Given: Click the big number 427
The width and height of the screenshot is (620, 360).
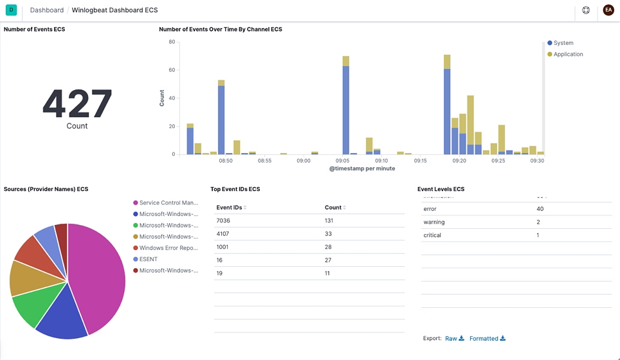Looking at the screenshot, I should [x=77, y=103].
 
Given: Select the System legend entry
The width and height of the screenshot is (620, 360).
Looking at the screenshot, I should [x=563, y=43].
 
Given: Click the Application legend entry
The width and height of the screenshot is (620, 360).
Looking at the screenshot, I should [x=568, y=54].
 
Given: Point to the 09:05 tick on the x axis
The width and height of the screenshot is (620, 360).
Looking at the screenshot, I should [x=342, y=161].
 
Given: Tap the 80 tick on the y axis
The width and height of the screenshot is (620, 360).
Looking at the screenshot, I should [x=172, y=42].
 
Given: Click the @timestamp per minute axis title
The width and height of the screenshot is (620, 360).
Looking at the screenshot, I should [x=362, y=168].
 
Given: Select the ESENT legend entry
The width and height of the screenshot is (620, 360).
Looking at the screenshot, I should [x=148, y=259].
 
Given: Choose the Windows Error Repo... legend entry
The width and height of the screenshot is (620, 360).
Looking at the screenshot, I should [x=168, y=248].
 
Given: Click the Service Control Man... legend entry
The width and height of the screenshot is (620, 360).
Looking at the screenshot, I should [x=168, y=203].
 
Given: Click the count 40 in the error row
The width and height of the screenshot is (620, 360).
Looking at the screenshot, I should [x=540, y=209].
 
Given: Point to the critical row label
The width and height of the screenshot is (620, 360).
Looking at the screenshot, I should [x=432, y=235].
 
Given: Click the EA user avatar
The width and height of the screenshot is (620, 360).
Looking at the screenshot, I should [x=608, y=10].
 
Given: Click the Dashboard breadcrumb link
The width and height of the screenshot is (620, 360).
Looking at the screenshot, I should [x=47, y=10].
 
